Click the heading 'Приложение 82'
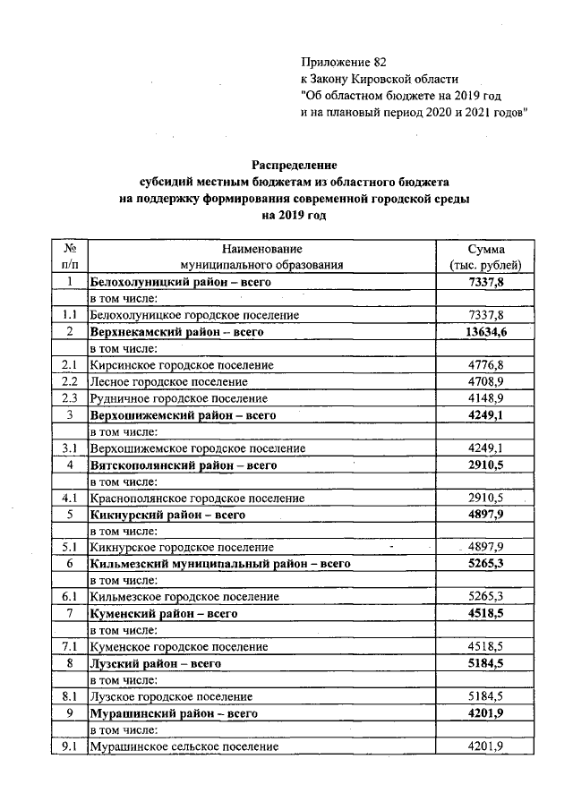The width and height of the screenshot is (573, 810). coord(345,62)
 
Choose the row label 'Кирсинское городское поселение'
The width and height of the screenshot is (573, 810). coord(182,365)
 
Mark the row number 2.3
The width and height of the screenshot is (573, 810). coord(69,398)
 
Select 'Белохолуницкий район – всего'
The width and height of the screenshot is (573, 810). coord(180,282)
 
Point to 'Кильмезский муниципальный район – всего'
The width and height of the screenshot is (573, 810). coord(220,564)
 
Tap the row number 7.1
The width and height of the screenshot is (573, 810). coord(69,646)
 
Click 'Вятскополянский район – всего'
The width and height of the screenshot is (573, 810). coord(184,465)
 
